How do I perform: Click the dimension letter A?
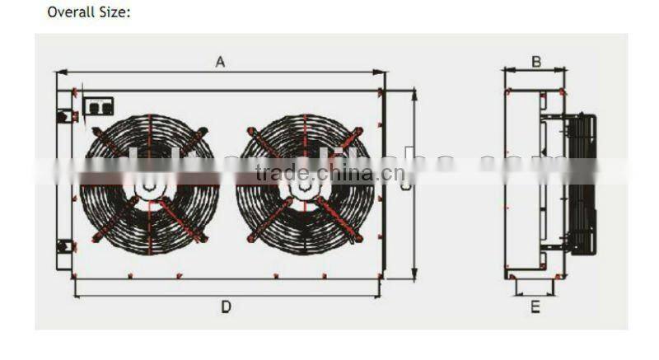pos(220,61)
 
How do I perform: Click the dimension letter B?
pos(535,61)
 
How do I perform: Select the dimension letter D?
pos(225,306)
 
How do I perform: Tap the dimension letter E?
pos(535,306)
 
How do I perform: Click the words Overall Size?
pos(89,12)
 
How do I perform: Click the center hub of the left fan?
pos(149,188)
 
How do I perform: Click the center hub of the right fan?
pos(304,188)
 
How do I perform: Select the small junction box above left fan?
pos(100,106)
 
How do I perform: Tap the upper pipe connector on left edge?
pos(63,117)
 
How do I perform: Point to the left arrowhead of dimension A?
pos(60,72)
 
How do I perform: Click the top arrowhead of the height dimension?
pos(414,93)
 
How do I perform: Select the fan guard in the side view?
pos(582,183)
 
